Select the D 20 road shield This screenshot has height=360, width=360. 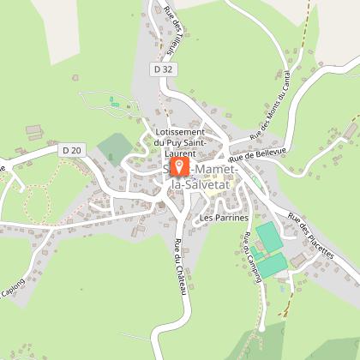click(x=71, y=151)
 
